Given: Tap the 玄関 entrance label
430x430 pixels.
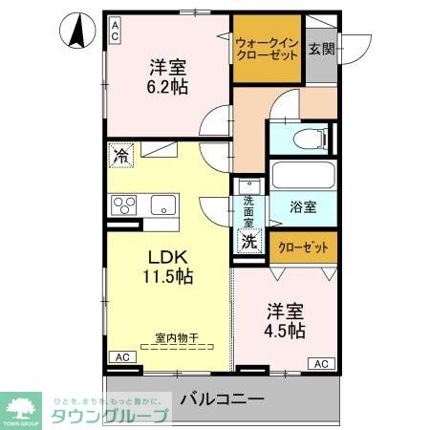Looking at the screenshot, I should tap(321, 49).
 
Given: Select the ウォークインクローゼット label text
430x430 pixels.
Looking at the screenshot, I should tap(267, 49).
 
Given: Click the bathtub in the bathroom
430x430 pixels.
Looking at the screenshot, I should tap(303, 175).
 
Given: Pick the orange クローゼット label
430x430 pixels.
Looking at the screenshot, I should tap(302, 247).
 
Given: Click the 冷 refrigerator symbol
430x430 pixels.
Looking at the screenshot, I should tap(120, 154).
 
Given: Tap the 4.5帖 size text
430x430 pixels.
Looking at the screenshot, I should tap(284, 331).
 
